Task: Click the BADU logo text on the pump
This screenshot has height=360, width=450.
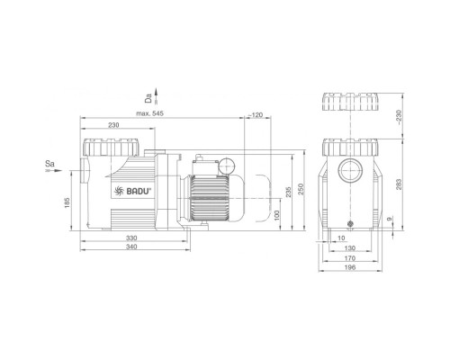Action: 139,191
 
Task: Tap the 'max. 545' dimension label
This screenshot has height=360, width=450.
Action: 150,113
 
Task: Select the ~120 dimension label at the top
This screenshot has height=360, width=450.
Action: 256,114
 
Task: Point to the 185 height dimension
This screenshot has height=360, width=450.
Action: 67,202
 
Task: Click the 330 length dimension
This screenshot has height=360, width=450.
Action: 131,238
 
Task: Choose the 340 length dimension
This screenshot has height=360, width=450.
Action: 131,247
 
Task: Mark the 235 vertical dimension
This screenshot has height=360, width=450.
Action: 288,193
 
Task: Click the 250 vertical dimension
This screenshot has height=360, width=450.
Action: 301,189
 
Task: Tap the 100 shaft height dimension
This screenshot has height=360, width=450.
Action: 277,215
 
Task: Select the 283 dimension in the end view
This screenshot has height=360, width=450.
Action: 399,184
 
